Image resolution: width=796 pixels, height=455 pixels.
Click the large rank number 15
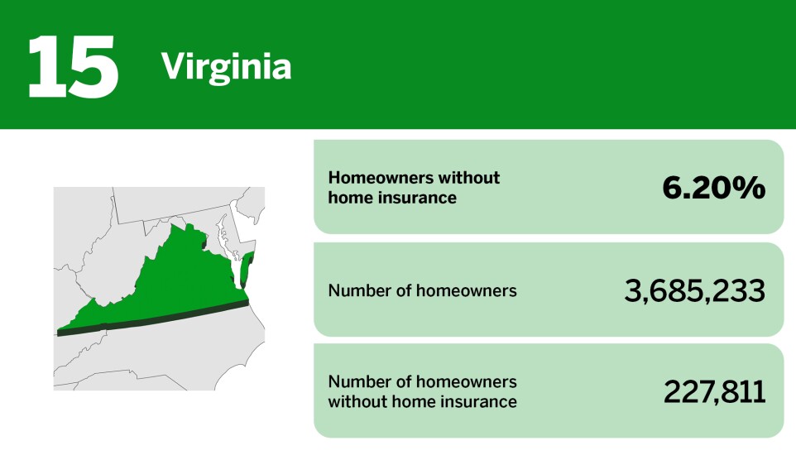click(73, 66)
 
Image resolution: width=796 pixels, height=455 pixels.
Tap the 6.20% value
click(713, 189)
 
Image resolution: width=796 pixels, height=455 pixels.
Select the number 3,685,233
click(694, 290)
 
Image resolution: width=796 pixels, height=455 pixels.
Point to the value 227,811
click(714, 392)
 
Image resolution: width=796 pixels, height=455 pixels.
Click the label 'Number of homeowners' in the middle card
click(422, 291)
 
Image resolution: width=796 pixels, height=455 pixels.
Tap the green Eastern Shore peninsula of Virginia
click(247, 270)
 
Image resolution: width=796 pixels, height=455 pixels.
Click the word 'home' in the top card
click(348, 199)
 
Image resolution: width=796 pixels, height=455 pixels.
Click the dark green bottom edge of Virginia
click(165, 318)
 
